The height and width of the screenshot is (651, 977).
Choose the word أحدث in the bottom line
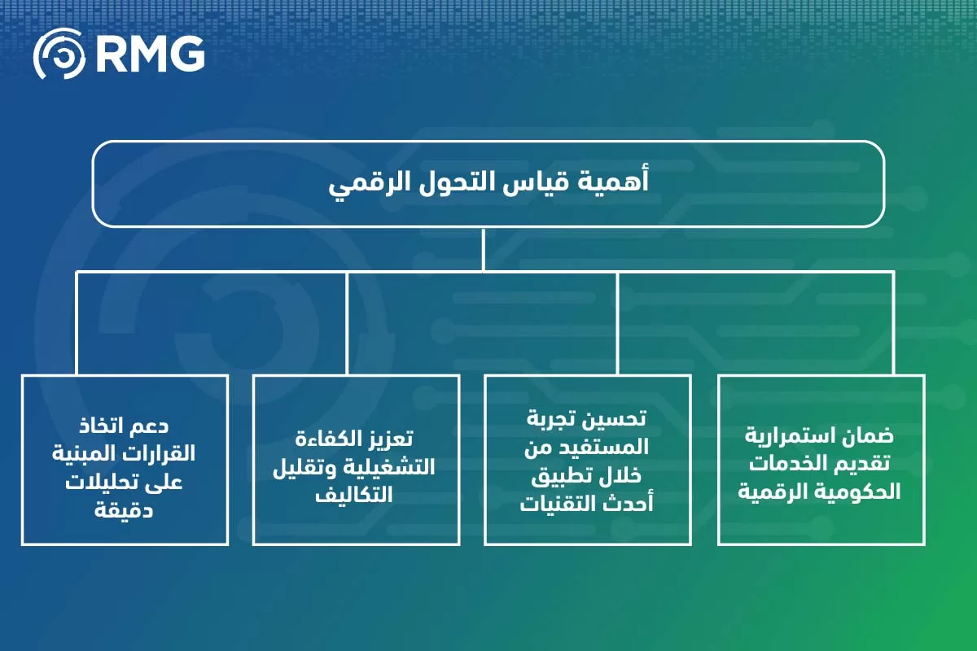point(627,505)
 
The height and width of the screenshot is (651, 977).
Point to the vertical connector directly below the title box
point(484,248)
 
